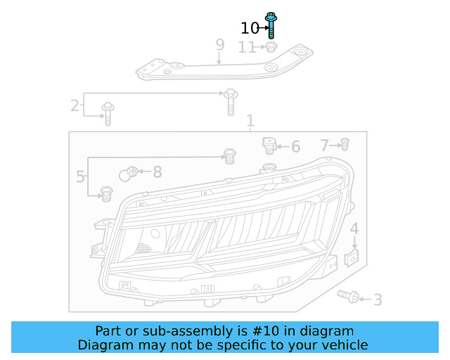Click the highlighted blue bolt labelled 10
click(271, 25)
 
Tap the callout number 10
click(250, 28)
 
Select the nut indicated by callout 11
click(271, 47)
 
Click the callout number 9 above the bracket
click(220, 44)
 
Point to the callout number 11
click(247, 47)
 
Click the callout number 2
click(75, 105)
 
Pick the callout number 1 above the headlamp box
click(250, 121)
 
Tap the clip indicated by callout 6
click(269, 146)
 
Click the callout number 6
click(296, 147)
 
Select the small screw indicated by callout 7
click(345, 144)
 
